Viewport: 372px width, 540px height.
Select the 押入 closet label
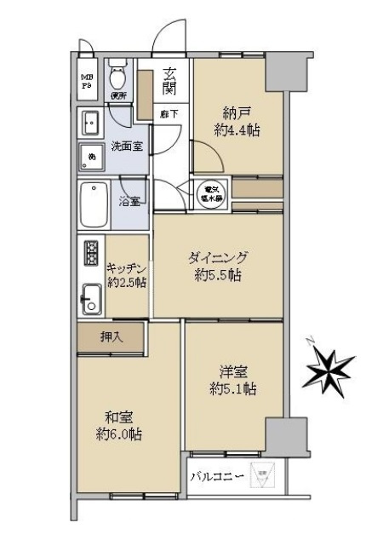click(x=112, y=337)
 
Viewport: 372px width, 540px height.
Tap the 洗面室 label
click(x=128, y=146)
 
